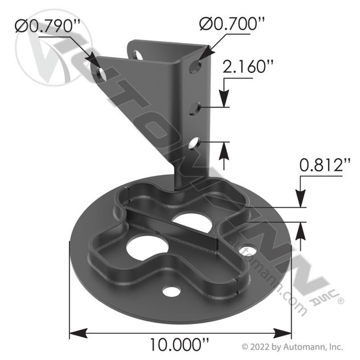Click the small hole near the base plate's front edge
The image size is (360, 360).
[171, 291]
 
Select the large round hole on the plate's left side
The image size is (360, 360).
[148, 248]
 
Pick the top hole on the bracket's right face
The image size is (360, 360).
[195, 67]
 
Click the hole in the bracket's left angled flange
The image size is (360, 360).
[103, 72]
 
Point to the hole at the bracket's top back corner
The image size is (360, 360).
[137, 55]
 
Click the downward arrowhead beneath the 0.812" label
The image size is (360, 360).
[300, 202]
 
